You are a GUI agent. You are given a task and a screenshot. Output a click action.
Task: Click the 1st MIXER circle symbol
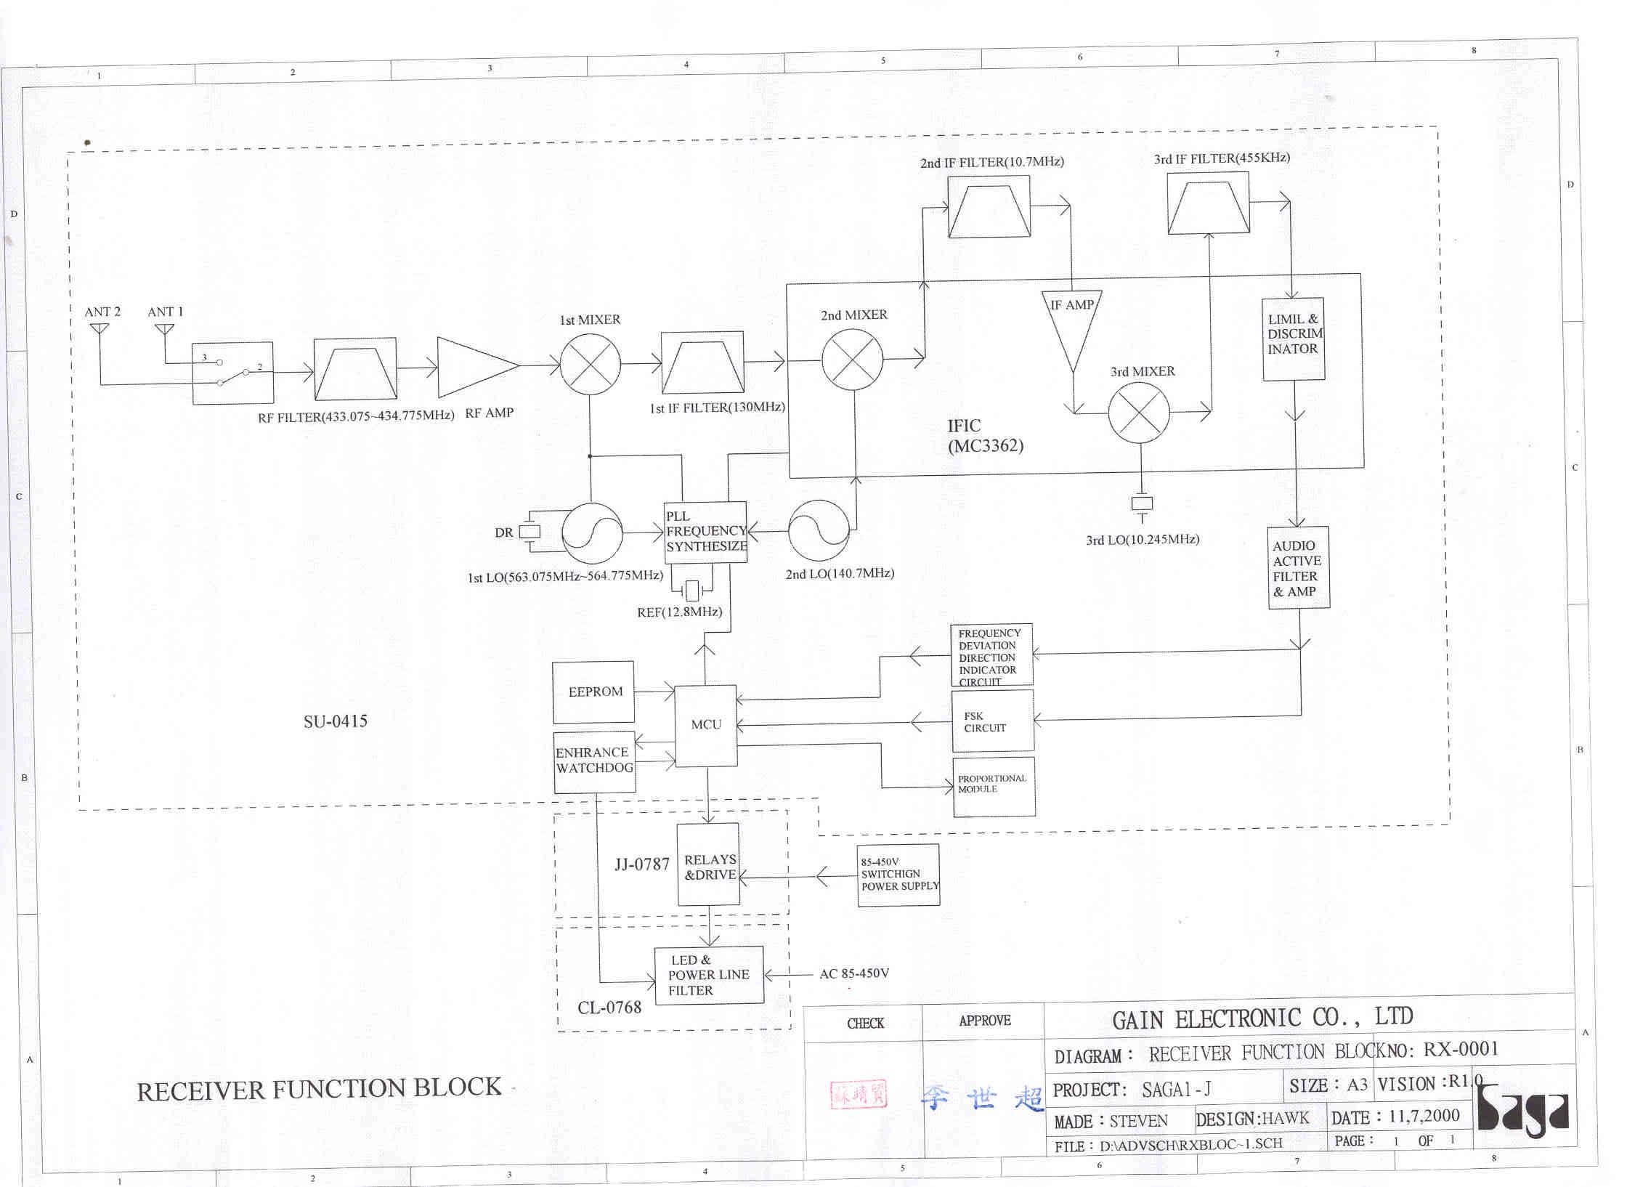coord(590,364)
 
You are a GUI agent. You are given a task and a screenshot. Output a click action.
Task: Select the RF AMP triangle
coord(473,366)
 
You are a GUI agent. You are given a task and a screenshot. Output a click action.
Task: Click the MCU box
coord(706,725)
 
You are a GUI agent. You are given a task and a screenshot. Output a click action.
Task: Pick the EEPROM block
coord(593,692)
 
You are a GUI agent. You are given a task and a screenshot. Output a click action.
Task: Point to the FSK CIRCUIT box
coord(993,721)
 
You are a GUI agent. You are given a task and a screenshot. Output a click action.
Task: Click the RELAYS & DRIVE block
coord(708,864)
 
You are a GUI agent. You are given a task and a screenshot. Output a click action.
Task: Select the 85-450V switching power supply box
coord(898,874)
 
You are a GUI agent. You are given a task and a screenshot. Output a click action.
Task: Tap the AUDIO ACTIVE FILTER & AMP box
coord(1299,567)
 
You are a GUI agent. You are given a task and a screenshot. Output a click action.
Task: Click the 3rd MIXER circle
coord(1139,413)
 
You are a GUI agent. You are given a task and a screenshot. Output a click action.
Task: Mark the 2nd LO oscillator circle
coord(819,531)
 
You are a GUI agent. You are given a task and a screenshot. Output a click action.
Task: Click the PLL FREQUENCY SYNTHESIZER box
coord(705,532)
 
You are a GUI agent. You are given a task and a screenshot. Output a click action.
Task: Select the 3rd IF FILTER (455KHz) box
coord(1208,203)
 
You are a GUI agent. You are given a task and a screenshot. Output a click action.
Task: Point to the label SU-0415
coord(336,721)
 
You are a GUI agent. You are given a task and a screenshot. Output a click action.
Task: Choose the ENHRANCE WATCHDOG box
coord(594,761)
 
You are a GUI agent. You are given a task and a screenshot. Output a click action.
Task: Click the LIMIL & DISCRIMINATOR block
coord(1294,339)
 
